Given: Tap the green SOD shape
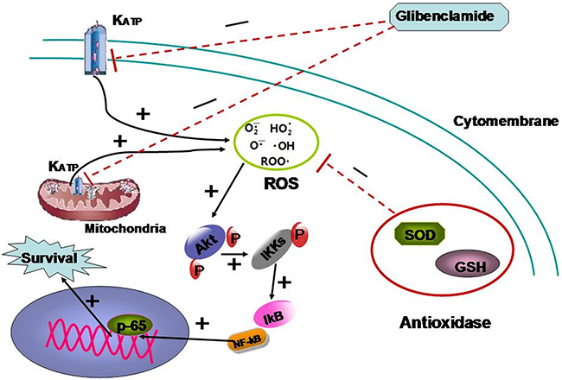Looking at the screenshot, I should point(420,234).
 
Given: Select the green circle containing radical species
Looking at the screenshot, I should point(271,143).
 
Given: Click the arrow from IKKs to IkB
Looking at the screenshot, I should point(275,282).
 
